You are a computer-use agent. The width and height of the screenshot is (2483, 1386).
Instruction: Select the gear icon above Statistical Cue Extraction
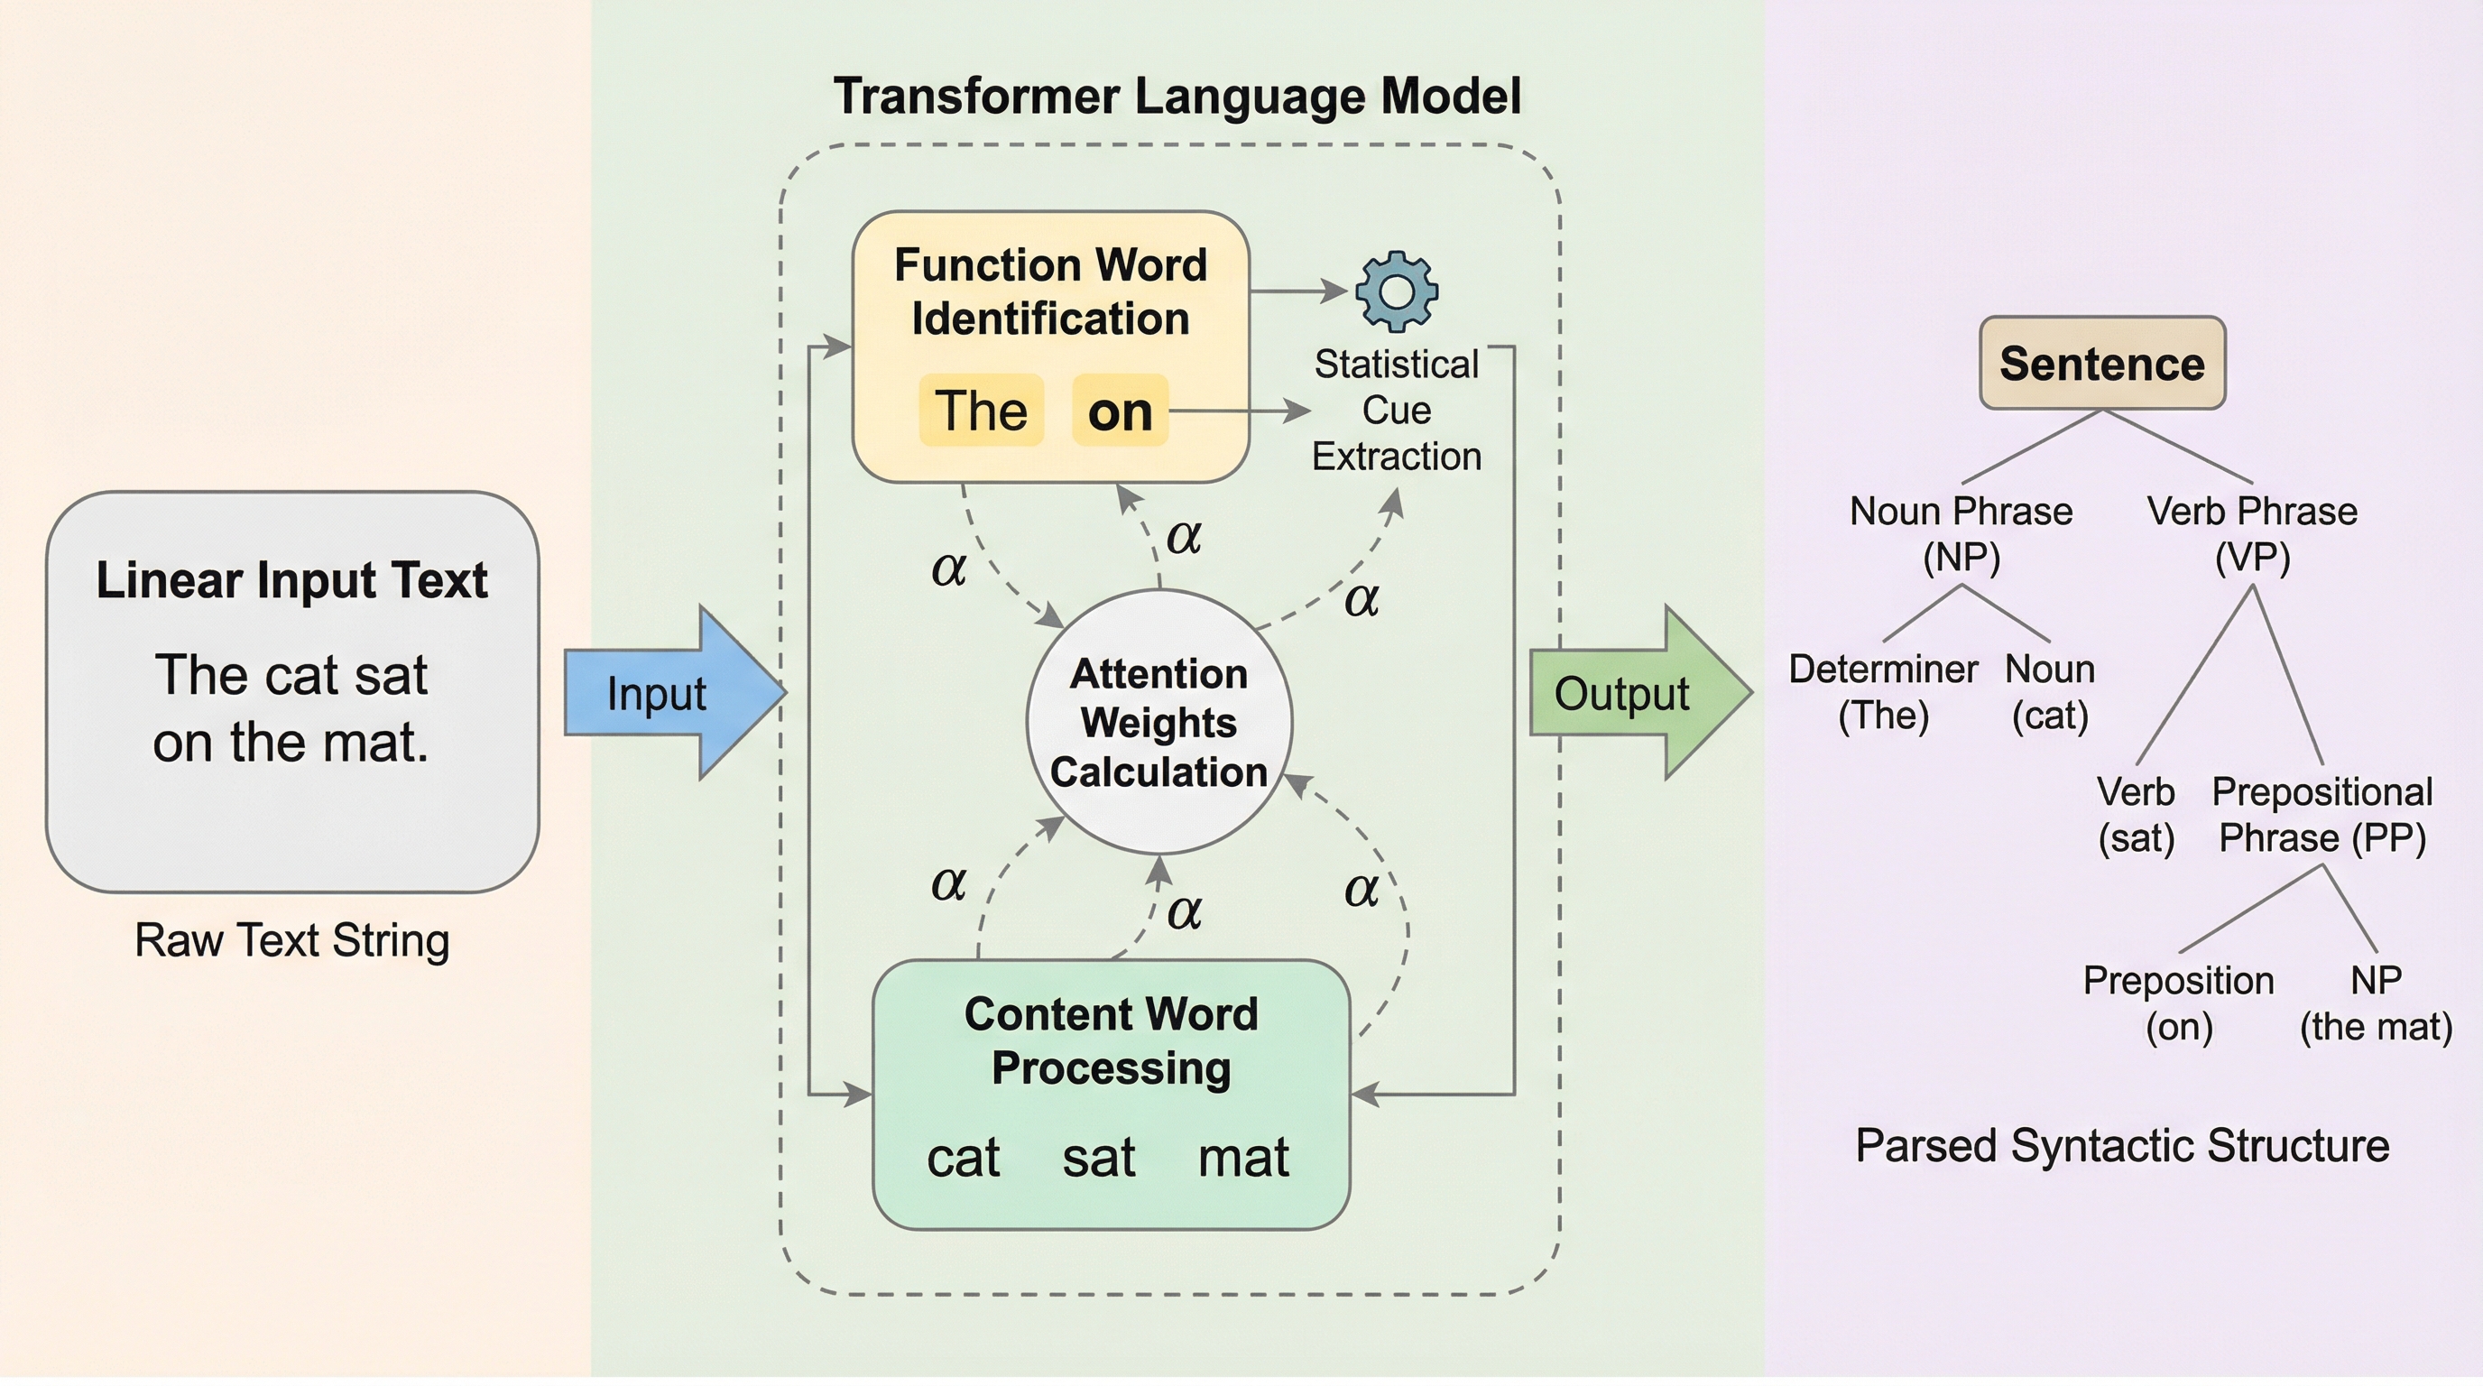[x=1396, y=291]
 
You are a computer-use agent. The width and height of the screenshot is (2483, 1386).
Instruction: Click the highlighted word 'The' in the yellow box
[x=982, y=411]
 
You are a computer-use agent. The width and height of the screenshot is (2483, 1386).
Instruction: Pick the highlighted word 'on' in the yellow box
[x=1120, y=411]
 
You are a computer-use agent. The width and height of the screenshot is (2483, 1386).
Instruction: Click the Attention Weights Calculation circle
[x=1158, y=723]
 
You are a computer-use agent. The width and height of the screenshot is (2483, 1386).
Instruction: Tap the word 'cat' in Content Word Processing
[x=963, y=1158]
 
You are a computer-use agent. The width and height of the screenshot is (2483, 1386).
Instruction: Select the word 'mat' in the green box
[x=1243, y=1158]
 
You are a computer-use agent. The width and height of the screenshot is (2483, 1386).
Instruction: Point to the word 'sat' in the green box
[x=1099, y=1158]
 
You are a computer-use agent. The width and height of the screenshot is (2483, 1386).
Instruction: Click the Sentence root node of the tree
[x=2102, y=364]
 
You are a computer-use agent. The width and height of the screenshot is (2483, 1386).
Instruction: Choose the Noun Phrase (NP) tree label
[x=1961, y=534]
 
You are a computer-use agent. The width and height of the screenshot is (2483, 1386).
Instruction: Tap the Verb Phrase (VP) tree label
[x=2252, y=534]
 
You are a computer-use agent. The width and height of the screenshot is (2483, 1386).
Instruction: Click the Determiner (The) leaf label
[x=1884, y=692]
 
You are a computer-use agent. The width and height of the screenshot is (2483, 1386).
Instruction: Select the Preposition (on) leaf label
[x=2178, y=1003]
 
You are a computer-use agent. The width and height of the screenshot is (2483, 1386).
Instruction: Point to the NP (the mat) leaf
[x=2376, y=1003]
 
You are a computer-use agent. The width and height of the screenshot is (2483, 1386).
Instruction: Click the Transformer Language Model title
[x=1177, y=97]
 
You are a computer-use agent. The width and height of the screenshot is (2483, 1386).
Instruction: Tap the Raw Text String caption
[x=292, y=939]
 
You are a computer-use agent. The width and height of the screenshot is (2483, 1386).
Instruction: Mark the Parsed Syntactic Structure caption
[x=2122, y=1146]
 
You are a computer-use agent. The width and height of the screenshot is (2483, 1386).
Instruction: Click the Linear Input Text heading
[x=292, y=580]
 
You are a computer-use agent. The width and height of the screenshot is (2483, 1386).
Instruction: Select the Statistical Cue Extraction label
[x=1396, y=411]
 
